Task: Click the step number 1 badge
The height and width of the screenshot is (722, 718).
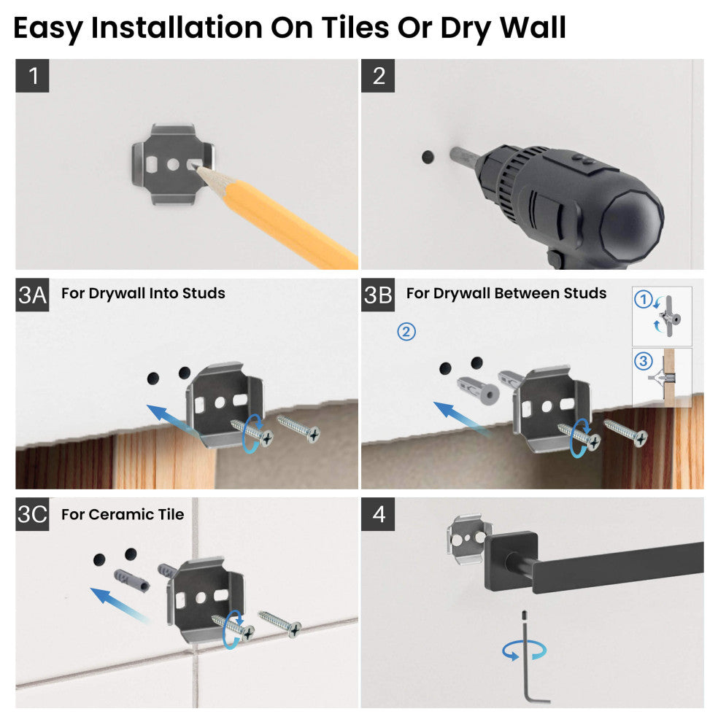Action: [32, 76]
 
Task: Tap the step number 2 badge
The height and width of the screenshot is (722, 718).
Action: [378, 76]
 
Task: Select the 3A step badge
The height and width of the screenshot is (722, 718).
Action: [32, 295]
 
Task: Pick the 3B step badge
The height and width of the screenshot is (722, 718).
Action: [378, 295]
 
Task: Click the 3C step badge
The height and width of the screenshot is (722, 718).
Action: [32, 514]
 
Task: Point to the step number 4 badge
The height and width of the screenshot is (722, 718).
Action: [378, 514]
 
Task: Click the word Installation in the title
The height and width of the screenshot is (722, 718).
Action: [174, 28]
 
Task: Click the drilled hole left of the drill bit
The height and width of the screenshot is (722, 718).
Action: [426, 157]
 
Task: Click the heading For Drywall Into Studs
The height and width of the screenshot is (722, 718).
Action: [143, 293]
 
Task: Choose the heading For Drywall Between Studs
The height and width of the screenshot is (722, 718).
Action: [506, 293]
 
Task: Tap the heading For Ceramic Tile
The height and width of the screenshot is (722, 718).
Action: [123, 514]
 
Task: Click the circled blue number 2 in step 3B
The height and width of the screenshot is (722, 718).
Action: [406, 332]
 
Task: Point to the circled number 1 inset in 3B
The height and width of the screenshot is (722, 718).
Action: [643, 299]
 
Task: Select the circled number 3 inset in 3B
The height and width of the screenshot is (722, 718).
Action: [642, 360]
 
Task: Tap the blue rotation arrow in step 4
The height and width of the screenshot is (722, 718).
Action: [519, 651]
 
